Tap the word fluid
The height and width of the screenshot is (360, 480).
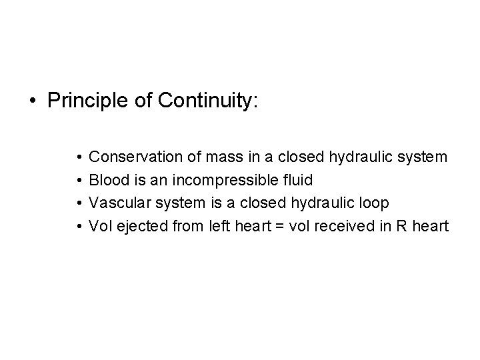pos(297,180)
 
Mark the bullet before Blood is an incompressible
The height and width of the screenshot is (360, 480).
pos(79,181)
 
